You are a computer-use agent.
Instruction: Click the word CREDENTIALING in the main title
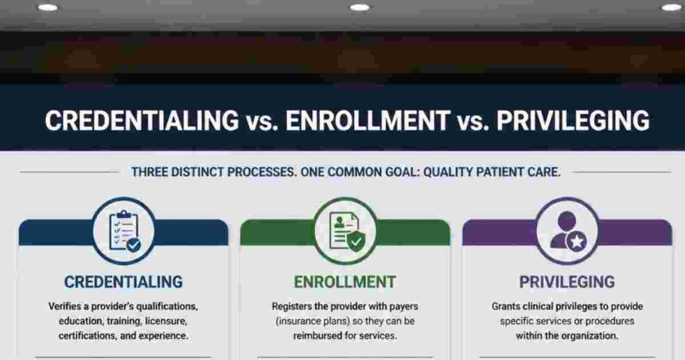pyautogui.click(x=142, y=120)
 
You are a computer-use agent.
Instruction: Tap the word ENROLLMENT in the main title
pyautogui.click(x=368, y=120)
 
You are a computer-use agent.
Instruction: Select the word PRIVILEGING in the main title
pyautogui.click(x=573, y=120)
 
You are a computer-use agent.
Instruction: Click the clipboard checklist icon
pyautogui.click(x=124, y=231)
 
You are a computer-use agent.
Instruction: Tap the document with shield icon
pyautogui.click(x=347, y=232)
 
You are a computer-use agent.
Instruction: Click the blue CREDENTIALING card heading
pyautogui.click(x=124, y=282)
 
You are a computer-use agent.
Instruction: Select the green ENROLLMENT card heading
pyautogui.click(x=345, y=282)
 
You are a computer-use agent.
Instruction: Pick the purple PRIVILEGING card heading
pyautogui.click(x=567, y=282)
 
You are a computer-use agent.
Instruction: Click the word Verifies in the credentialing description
pyautogui.click(x=64, y=306)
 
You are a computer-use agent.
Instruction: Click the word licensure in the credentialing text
pyautogui.click(x=166, y=321)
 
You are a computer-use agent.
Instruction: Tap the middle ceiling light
pyautogui.click(x=359, y=7)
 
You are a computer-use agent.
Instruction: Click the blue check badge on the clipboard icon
pyautogui.click(x=134, y=245)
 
